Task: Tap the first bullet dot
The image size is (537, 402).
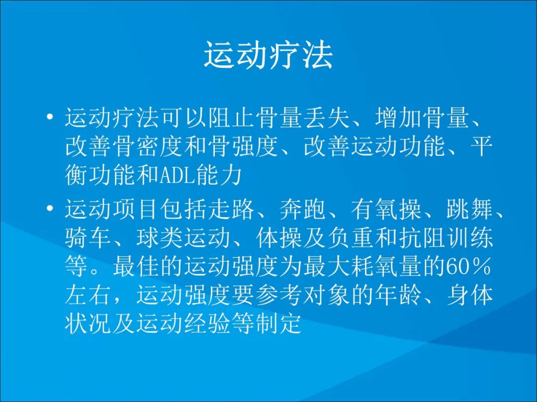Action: (50, 117)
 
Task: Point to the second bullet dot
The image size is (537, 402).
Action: (50, 208)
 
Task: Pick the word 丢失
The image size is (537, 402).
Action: (327, 117)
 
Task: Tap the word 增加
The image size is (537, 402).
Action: (398, 117)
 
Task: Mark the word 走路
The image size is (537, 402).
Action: (232, 208)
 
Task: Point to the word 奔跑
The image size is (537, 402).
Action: (303, 208)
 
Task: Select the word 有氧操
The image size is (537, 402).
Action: (386, 208)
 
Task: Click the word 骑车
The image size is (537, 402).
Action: (89, 237)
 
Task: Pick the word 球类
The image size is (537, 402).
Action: (160, 237)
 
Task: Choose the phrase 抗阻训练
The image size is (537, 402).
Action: (446, 237)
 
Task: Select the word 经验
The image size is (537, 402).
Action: (208, 323)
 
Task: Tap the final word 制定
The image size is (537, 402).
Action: (279, 323)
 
